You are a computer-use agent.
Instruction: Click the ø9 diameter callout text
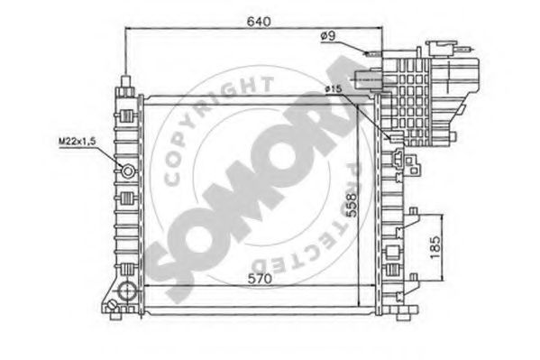coord(328,36)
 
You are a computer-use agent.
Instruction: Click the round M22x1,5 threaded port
coord(127,171)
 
